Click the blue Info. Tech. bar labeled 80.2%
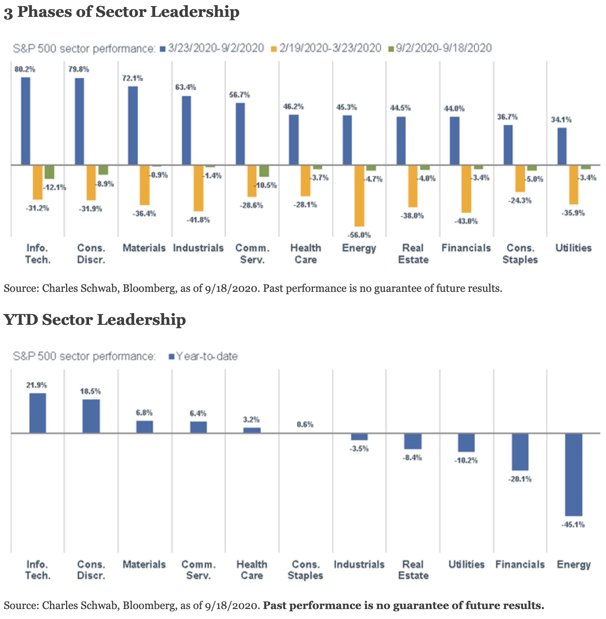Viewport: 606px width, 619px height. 26,121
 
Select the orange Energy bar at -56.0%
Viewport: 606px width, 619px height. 359,196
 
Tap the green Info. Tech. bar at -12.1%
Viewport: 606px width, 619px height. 50,172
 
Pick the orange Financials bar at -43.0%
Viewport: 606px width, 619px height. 466,189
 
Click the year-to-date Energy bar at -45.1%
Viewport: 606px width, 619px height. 574,474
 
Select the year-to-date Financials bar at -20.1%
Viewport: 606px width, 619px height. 520,452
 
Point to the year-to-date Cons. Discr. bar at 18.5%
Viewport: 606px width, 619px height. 91,416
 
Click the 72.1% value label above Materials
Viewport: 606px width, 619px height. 132,78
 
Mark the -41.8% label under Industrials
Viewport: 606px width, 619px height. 199,220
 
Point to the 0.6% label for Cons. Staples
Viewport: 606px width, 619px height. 305,425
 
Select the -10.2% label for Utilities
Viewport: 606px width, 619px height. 466,460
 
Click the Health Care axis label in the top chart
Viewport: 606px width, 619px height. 306,254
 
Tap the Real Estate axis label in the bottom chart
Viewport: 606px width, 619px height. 413,570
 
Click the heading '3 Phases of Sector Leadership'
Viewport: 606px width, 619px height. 122,12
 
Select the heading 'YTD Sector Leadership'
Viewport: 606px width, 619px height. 95,319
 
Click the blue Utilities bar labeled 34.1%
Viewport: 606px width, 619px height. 562,146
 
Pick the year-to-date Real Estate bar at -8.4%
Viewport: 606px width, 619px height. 413,441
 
